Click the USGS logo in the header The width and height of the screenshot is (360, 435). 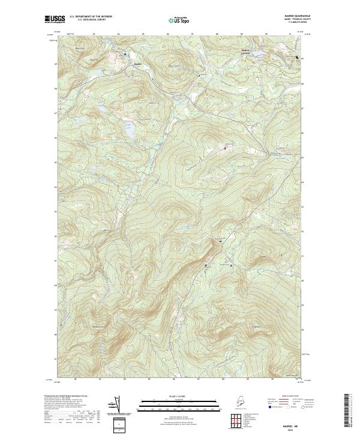click(55, 20)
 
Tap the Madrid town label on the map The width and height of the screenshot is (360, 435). click(137, 63)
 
